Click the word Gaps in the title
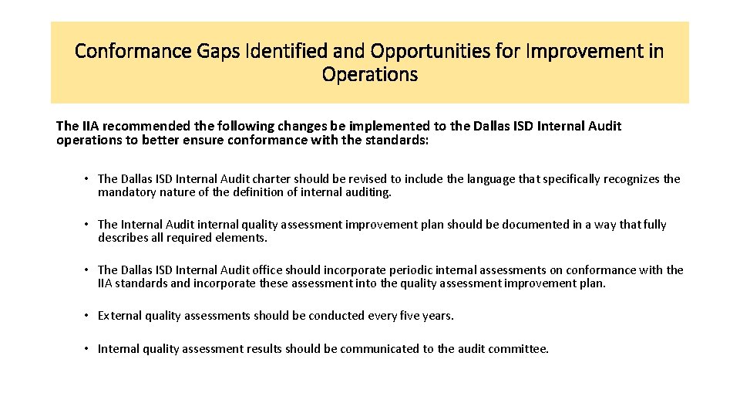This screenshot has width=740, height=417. [215, 52]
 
